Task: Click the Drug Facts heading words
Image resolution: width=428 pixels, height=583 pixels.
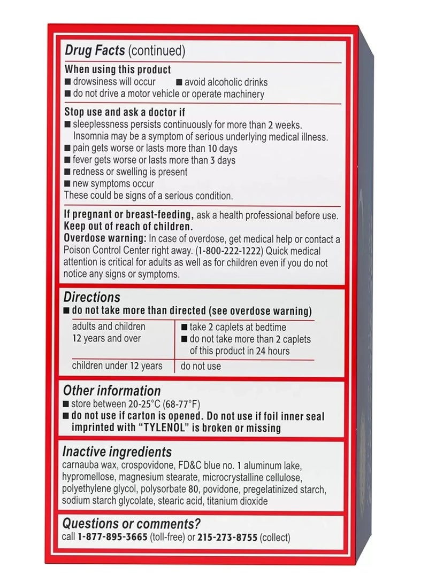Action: click(x=95, y=51)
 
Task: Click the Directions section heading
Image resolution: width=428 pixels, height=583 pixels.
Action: click(x=91, y=297)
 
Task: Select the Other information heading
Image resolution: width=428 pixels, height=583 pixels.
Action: click(x=112, y=391)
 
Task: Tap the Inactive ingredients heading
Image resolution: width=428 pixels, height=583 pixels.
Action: click(x=117, y=452)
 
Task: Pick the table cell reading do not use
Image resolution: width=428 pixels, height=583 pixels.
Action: click(x=201, y=367)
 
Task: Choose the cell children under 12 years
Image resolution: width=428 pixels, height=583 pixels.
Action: click(x=116, y=366)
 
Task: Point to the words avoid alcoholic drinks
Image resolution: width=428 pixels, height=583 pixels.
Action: click(x=226, y=82)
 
